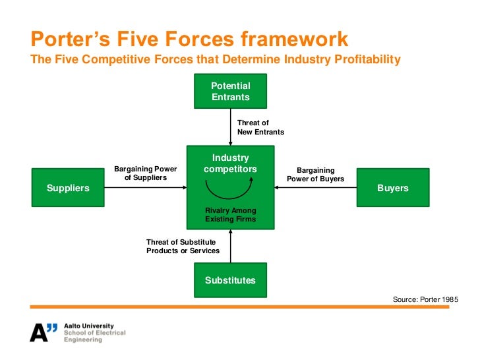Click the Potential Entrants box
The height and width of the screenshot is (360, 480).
tap(230, 92)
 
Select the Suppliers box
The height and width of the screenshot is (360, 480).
tap(68, 188)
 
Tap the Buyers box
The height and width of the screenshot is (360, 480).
tap(392, 188)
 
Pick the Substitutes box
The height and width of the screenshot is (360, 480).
tap(230, 280)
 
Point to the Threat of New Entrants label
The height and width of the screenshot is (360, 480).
tap(260, 127)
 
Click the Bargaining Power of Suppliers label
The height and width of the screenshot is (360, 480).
tap(146, 173)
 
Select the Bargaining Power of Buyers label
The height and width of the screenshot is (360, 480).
tap(316, 174)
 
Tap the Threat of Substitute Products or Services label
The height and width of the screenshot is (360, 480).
tap(181, 247)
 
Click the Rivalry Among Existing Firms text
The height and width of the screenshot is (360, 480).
tap(230, 215)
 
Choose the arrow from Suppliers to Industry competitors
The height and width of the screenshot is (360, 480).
tap(145, 188)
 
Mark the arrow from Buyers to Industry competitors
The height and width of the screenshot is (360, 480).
tap(315, 188)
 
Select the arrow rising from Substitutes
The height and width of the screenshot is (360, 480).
tap(230, 244)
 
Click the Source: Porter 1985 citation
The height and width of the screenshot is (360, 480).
tap(425, 299)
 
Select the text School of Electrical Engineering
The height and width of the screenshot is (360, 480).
tap(94, 336)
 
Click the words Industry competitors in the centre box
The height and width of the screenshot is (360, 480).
tap(230, 164)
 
